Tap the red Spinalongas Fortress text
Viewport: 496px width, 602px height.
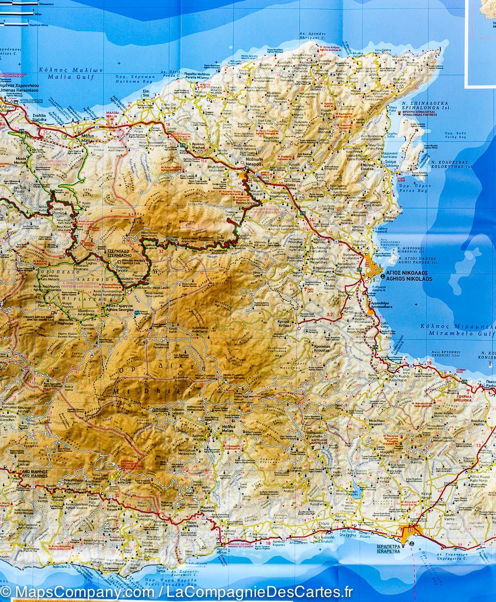click(419, 115)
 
